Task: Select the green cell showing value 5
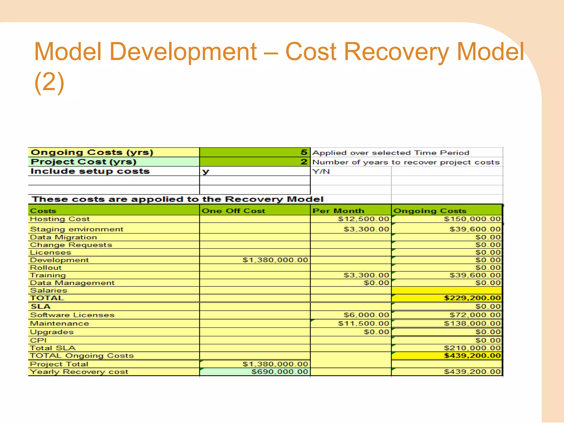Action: [255, 152]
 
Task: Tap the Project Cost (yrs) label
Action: [83, 162]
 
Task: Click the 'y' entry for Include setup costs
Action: [206, 171]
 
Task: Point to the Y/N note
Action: [321, 172]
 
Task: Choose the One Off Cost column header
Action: [233, 211]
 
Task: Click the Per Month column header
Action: [338, 211]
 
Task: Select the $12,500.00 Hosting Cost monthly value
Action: [364, 219]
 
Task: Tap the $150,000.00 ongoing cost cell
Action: [472, 219]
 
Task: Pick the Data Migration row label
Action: [64, 237]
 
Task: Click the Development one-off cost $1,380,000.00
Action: [275, 260]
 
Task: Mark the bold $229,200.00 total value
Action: [472, 298]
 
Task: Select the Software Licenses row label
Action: [72, 315]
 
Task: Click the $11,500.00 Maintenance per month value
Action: [364, 324]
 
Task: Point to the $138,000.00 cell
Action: [472, 324]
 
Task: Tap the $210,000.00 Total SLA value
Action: [472, 348]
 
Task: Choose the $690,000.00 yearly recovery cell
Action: [280, 372]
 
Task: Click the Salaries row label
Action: [48, 291]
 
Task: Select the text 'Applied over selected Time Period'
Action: [391, 153]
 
